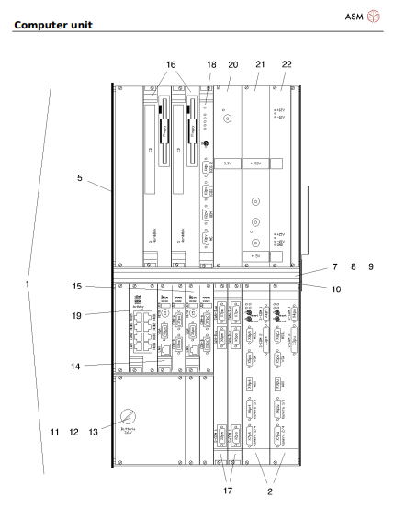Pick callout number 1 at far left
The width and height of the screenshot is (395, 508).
click(28, 284)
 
